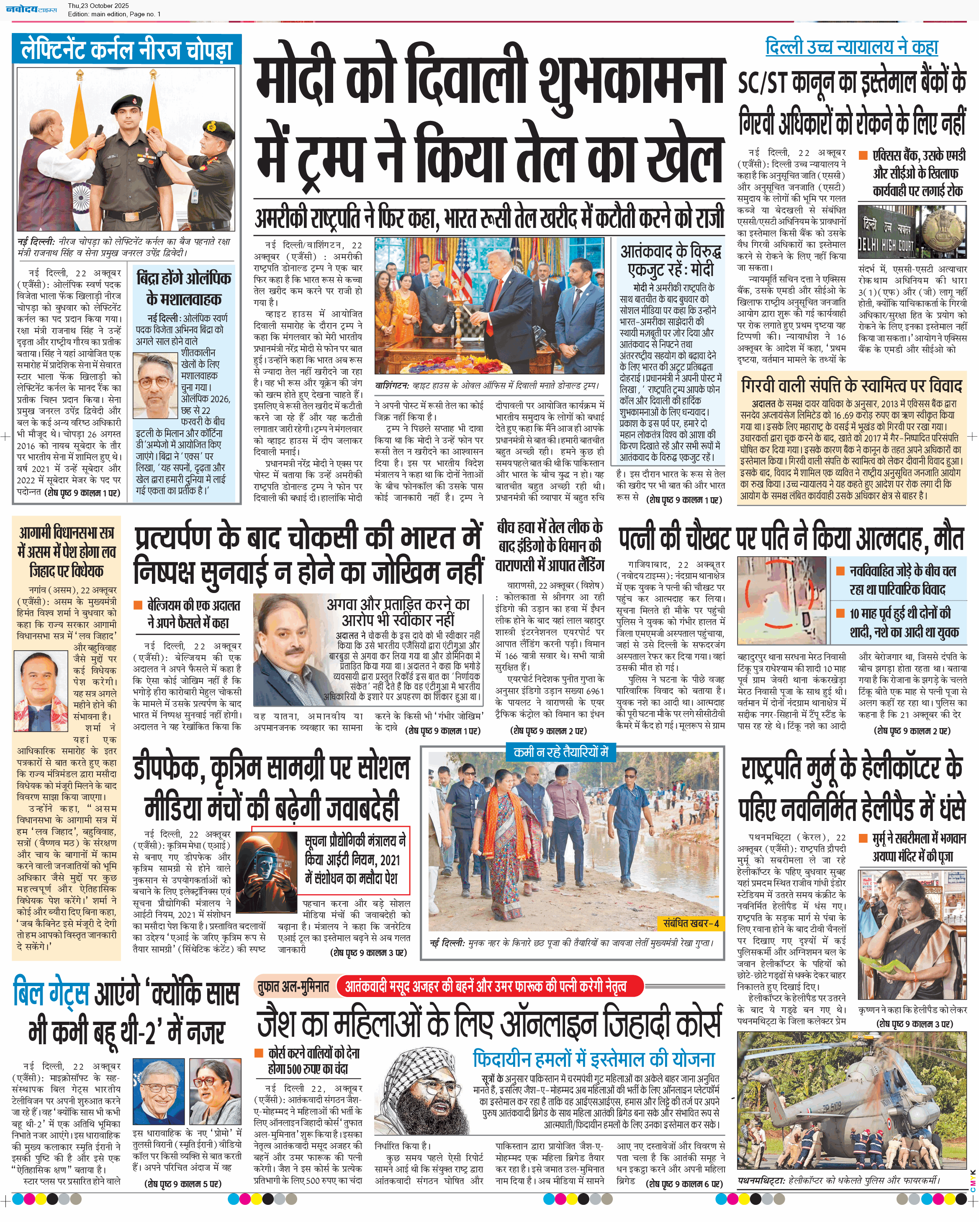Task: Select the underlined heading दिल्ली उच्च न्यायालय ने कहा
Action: click(x=851, y=47)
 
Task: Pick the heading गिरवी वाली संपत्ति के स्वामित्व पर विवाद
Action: click(x=851, y=386)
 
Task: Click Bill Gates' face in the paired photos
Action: click(x=158, y=1092)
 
